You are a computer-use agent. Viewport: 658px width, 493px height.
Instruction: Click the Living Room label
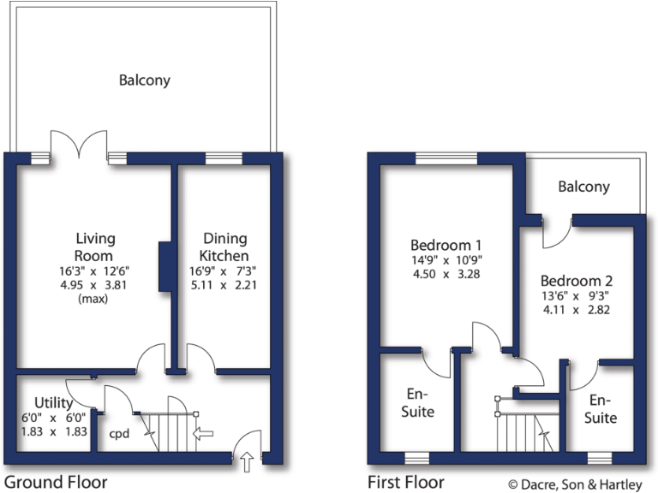[95, 246]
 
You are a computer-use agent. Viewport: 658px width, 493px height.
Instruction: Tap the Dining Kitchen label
[224, 246]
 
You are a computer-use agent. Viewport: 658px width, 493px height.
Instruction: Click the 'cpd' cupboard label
[118, 434]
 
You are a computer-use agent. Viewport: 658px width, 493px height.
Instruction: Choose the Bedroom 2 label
[577, 280]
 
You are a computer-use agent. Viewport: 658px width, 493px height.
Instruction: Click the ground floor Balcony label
[144, 80]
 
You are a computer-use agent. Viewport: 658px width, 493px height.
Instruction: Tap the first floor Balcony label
[583, 186]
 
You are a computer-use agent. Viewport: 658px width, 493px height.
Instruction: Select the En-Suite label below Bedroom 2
[601, 409]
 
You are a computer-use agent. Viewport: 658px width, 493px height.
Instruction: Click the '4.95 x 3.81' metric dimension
[95, 285]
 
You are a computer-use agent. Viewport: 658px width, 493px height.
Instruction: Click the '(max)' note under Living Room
[95, 300]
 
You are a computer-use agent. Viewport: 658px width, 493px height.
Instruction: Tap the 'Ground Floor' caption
[57, 482]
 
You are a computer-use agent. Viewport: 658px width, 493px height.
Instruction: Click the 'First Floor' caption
[406, 482]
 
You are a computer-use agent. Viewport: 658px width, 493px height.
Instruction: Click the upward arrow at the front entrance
[248, 463]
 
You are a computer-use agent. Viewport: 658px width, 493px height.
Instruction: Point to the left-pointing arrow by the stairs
[203, 433]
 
